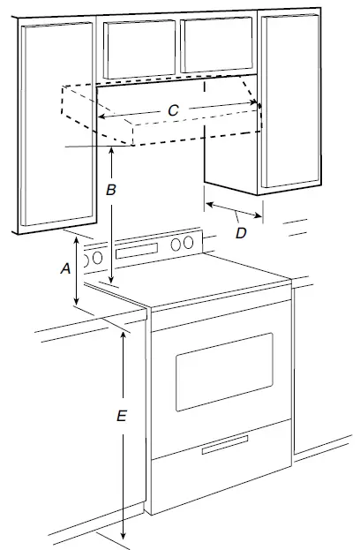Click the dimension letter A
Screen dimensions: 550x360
click(x=64, y=271)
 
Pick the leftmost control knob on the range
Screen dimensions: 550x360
click(x=88, y=259)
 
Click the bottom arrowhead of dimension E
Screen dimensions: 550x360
click(x=124, y=536)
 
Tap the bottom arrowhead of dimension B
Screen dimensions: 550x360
click(x=113, y=281)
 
